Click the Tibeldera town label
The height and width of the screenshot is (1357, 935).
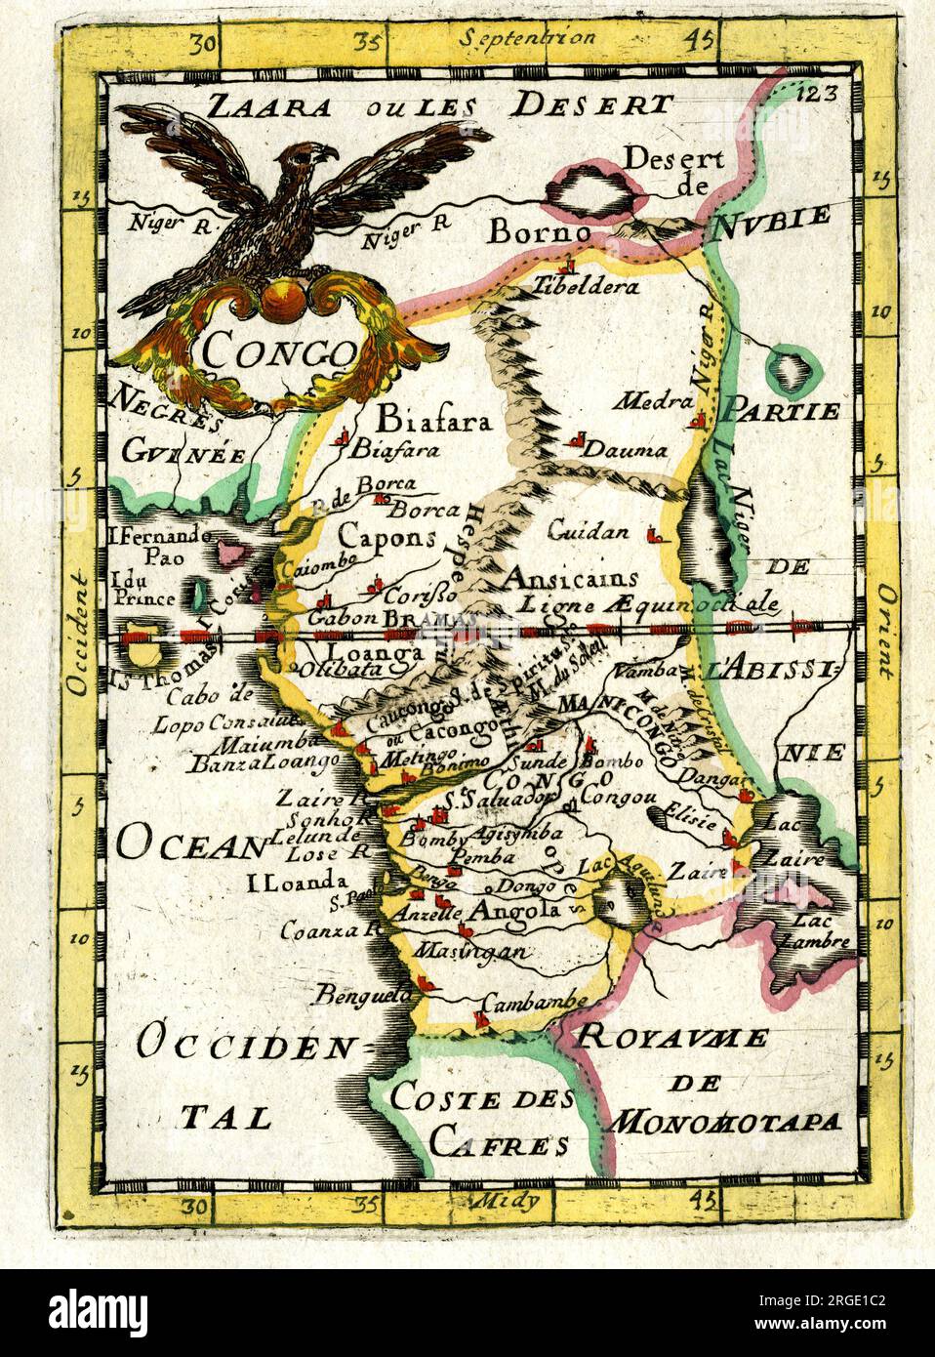pos(586,287)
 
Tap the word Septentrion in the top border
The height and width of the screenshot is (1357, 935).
pos(523,40)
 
